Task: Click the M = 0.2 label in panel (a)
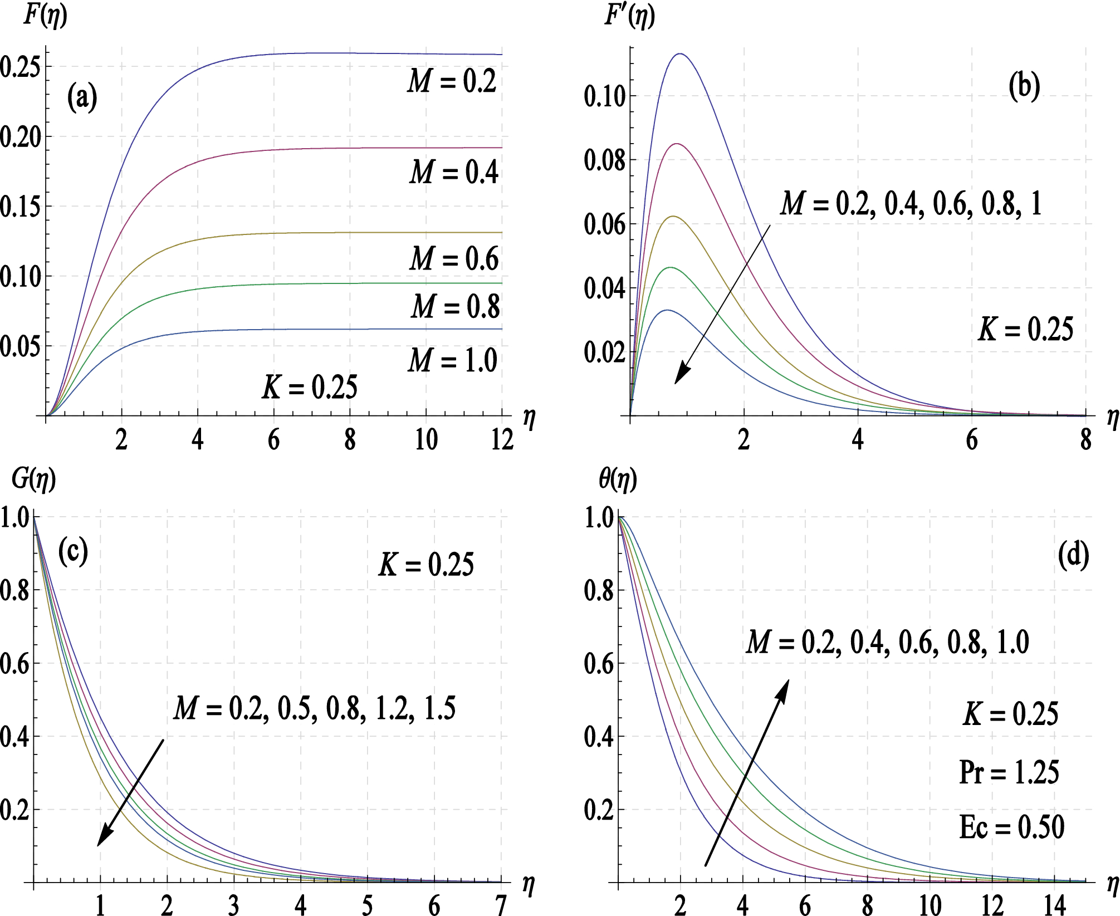[452, 81]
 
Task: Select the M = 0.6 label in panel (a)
[454, 259]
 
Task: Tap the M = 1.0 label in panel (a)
[453, 360]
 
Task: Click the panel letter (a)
[82, 98]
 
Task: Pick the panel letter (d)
[1073, 556]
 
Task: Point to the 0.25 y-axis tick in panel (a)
[20, 67]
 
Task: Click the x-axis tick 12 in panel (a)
[502, 440]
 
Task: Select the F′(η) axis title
[629, 16]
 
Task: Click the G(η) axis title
[34, 479]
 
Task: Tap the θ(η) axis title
[618, 479]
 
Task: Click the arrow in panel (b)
[722, 304]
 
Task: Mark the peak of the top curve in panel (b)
[680, 54]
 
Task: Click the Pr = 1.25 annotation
[1009, 772]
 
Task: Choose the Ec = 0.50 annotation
[1011, 827]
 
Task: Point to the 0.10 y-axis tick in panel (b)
[605, 97]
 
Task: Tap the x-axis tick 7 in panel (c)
[501, 905]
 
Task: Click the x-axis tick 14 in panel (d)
[1054, 905]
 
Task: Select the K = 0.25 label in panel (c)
[426, 565]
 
